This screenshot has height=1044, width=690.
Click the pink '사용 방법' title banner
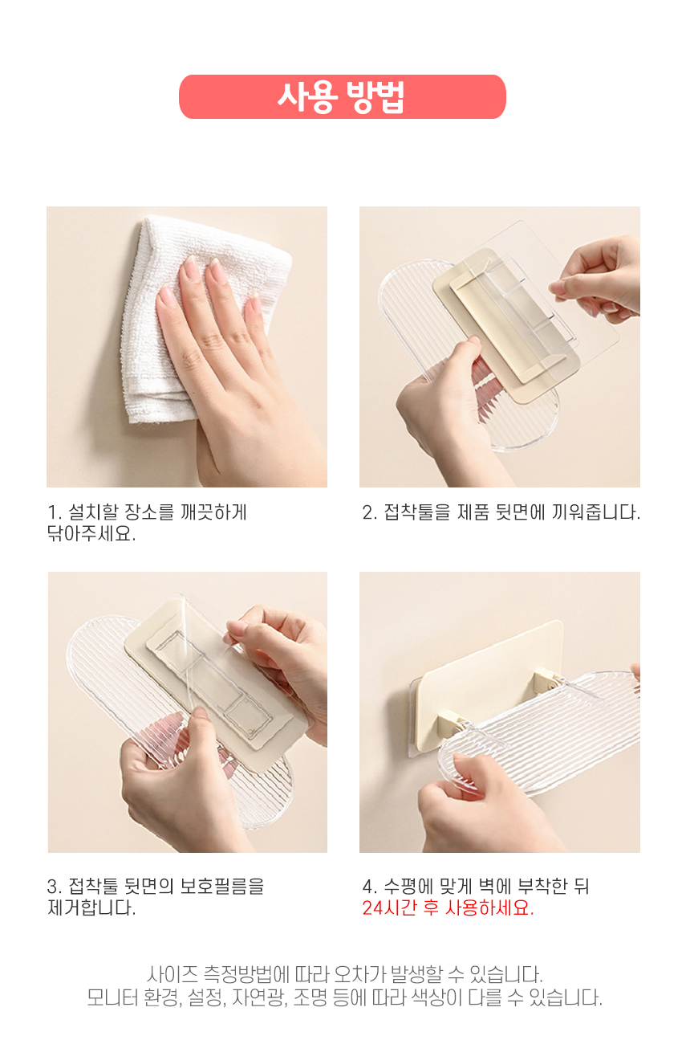tap(343, 96)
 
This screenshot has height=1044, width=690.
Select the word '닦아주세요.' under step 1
tap(91, 534)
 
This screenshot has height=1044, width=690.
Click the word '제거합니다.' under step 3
tap(91, 907)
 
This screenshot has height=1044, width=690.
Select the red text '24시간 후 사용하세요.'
tap(448, 907)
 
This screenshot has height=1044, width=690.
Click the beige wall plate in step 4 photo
tap(489, 671)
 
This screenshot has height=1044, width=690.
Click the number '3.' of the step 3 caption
tap(55, 886)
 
